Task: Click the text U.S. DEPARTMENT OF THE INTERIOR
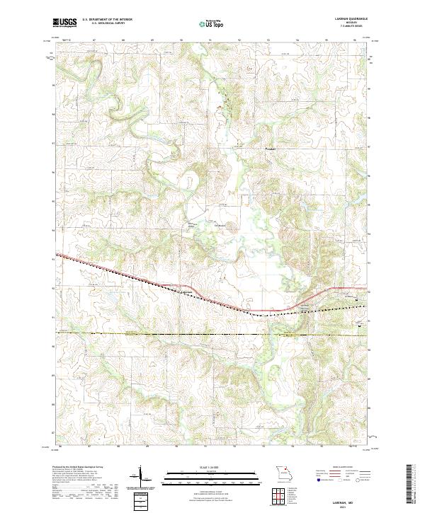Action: [106, 20]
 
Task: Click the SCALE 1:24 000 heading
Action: [208, 468]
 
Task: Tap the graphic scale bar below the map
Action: [208, 475]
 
